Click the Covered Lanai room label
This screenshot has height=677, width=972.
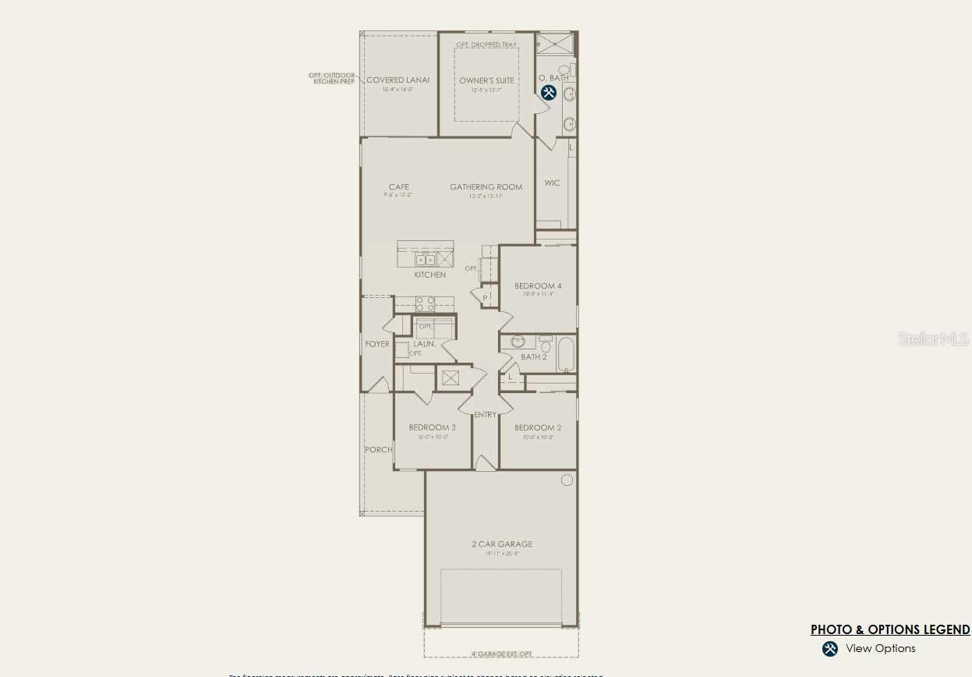coord(398,80)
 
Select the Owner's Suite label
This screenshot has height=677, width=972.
coord(486,80)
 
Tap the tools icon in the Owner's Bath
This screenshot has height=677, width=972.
coord(548,93)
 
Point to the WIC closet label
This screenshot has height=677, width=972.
coord(552,183)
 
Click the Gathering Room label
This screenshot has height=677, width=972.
coord(486,187)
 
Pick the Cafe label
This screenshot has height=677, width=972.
coord(399,187)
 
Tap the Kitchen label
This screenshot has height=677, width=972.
coord(429,275)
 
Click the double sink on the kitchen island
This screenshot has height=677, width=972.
coord(425,260)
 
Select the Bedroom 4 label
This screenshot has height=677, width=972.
coord(538,286)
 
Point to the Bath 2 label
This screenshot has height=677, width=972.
coord(534,357)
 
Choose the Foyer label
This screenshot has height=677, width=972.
coord(377,344)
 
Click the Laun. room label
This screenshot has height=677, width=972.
coord(424,344)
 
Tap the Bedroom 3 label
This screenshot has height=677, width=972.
coord(432,427)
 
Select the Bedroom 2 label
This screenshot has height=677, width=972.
coord(538,427)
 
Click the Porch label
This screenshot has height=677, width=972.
coord(379,449)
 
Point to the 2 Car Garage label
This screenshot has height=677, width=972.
coord(502,544)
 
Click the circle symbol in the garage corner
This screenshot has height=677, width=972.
coord(567,480)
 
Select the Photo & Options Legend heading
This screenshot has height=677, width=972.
coord(890,629)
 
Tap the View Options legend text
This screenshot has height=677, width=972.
coord(880,648)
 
